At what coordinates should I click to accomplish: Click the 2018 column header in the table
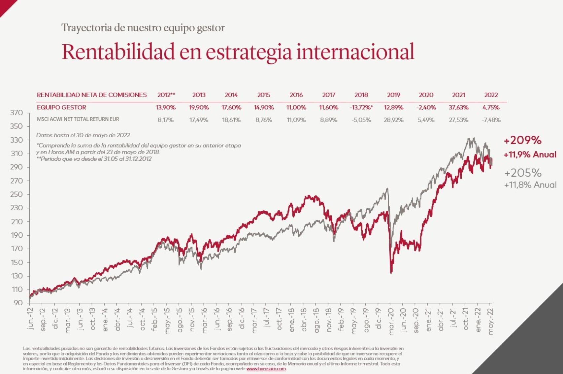361,95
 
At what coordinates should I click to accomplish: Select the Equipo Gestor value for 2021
458,108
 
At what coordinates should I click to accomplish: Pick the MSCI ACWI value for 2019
393,120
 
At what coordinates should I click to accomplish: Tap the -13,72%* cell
361,108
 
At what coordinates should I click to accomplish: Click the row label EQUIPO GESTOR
61,108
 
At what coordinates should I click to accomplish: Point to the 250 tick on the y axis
16,194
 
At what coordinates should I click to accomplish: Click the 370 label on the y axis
16,113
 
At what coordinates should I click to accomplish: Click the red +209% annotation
522,140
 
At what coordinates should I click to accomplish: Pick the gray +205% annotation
523,173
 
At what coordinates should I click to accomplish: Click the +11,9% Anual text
530,154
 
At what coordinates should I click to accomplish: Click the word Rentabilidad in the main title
118,52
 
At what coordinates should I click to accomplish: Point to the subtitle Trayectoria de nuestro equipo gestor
143,28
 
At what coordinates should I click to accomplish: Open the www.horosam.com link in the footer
266,369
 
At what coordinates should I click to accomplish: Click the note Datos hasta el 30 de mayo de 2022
83,135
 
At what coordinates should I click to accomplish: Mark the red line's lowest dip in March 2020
391,272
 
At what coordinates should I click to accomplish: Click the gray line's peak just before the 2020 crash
387,189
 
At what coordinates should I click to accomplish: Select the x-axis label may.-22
491,322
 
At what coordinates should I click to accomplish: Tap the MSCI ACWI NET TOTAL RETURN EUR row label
78,119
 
